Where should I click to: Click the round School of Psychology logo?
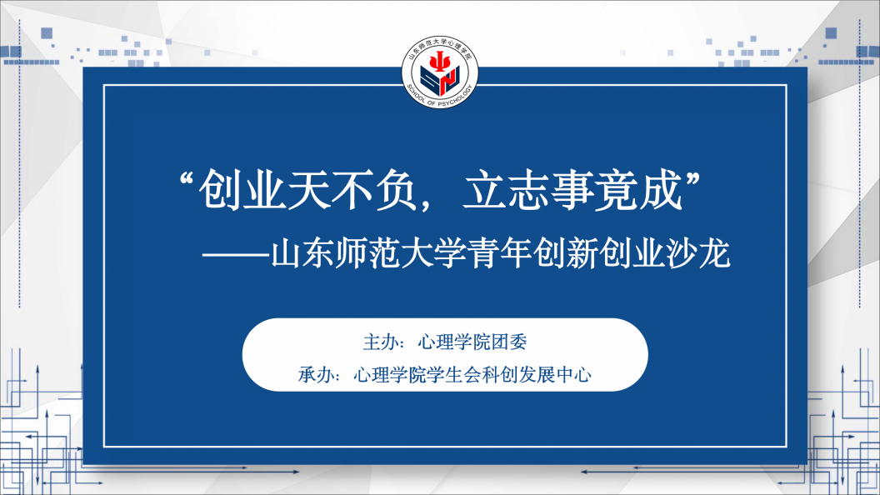tap(440, 72)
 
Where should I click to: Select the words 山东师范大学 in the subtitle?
tap(368, 253)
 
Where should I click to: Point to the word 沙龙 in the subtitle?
tap(697, 253)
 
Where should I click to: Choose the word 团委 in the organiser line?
tap(509, 342)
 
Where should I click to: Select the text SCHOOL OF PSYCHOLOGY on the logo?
tap(440, 97)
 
